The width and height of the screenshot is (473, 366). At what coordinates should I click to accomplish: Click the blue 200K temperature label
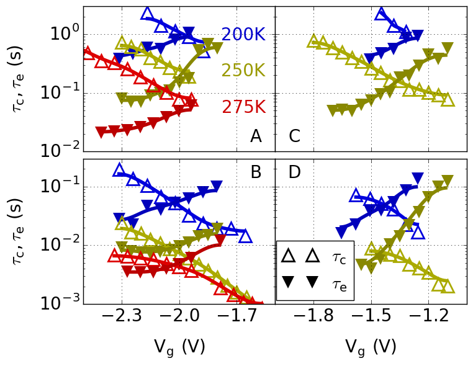(243, 35)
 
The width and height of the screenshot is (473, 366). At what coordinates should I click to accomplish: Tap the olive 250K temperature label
(243, 71)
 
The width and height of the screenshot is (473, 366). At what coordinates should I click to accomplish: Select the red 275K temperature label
(243, 107)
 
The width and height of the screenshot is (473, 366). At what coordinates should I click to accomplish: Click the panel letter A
(256, 136)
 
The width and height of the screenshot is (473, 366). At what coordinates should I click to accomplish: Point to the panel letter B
(256, 172)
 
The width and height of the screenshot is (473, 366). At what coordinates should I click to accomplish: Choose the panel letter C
(295, 136)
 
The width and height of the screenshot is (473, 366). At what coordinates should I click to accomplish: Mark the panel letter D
(295, 172)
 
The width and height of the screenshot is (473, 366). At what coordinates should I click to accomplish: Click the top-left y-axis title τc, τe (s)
(20, 79)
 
